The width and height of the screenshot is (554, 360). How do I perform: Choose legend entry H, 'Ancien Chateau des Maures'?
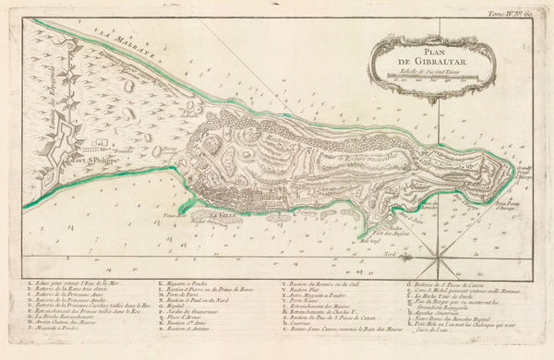[x=74, y=320]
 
